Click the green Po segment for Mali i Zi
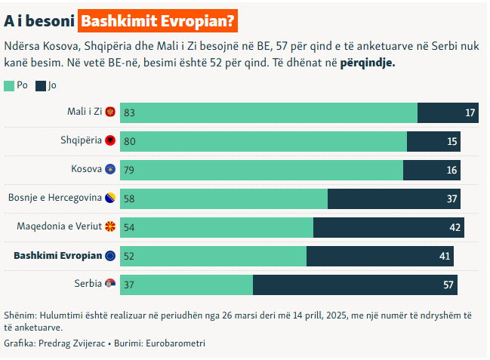pyautogui.click(x=268, y=112)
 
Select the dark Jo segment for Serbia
pyautogui.click(x=355, y=285)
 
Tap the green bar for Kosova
pyautogui.click(x=261, y=170)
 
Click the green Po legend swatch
pyautogui.click(x=8, y=86)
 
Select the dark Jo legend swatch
pyautogui.click(x=41, y=86)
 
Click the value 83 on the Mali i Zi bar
pyautogui.click(x=129, y=113)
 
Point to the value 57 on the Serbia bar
pyautogui.click(x=448, y=285)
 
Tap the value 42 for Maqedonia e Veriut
pyautogui.click(x=455, y=228)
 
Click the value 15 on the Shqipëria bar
pyautogui.click(x=451, y=142)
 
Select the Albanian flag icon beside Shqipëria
pyautogui.click(x=110, y=141)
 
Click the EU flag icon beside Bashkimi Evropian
pyautogui.click(x=110, y=256)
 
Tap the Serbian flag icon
pyautogui.click(x=110, y=285)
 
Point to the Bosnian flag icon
pyautogui.click(x=110, y=198)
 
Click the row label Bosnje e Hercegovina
pyautogui.click(x=55, y=198)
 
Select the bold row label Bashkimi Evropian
pyautogui.click(x=58, y=256)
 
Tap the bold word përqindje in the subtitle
pyautogui.click(x=368, y=63)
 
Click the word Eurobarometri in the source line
pyautogui.click(x=175, y=343)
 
